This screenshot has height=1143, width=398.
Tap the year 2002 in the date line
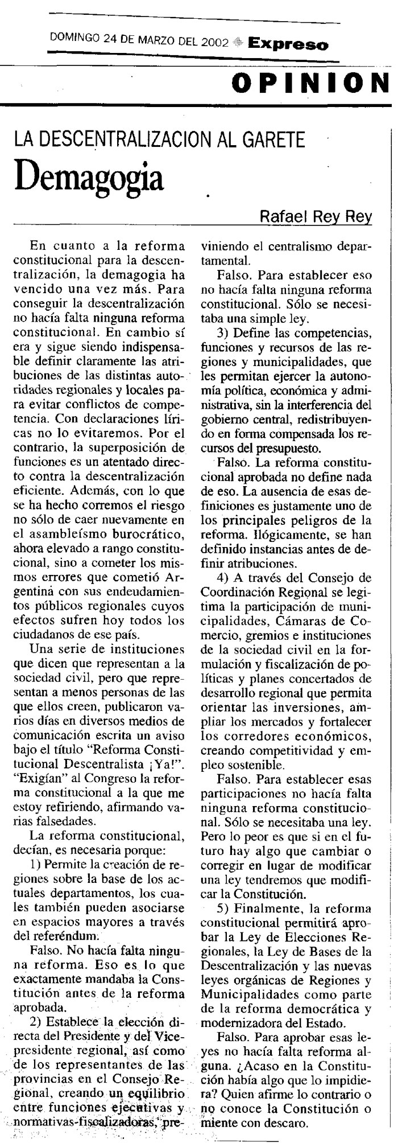click(x=214, y=43)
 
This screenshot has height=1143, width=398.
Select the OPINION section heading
click(x=310, y=84)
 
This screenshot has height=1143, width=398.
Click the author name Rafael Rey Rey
click(x=316, y=216)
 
